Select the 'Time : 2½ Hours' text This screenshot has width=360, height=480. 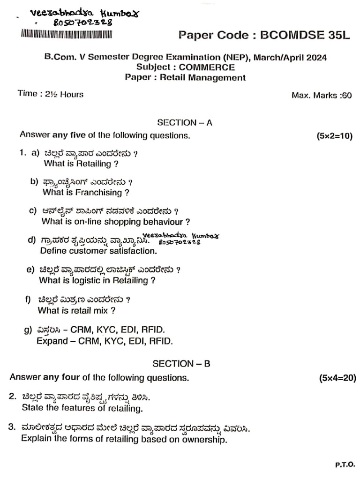(x=51, y=94)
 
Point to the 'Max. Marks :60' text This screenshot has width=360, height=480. (x=321, y=96)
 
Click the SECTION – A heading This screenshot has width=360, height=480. (x=185, y=123)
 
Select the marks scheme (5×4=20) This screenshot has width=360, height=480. (x=337, y=377)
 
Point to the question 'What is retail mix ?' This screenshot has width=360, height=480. (x=76, y=310)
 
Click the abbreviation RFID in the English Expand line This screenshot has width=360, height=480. (x=161, y=341)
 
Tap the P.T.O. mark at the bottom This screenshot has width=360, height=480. (x=345, y=465)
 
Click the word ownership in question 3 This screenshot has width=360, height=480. (x=202, y=440)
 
